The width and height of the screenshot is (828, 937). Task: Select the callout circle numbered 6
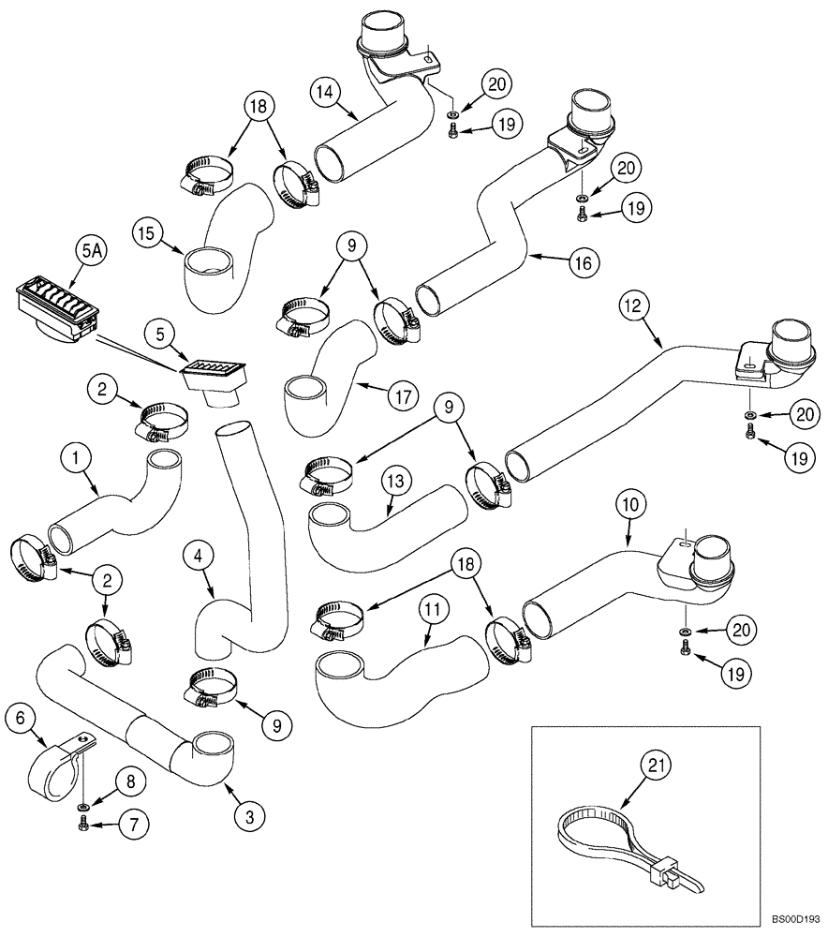click(x=20, y=719)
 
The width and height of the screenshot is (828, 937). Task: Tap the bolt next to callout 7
click(x=83, y=824)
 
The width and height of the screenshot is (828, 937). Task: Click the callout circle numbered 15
click(x=146, y=229)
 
